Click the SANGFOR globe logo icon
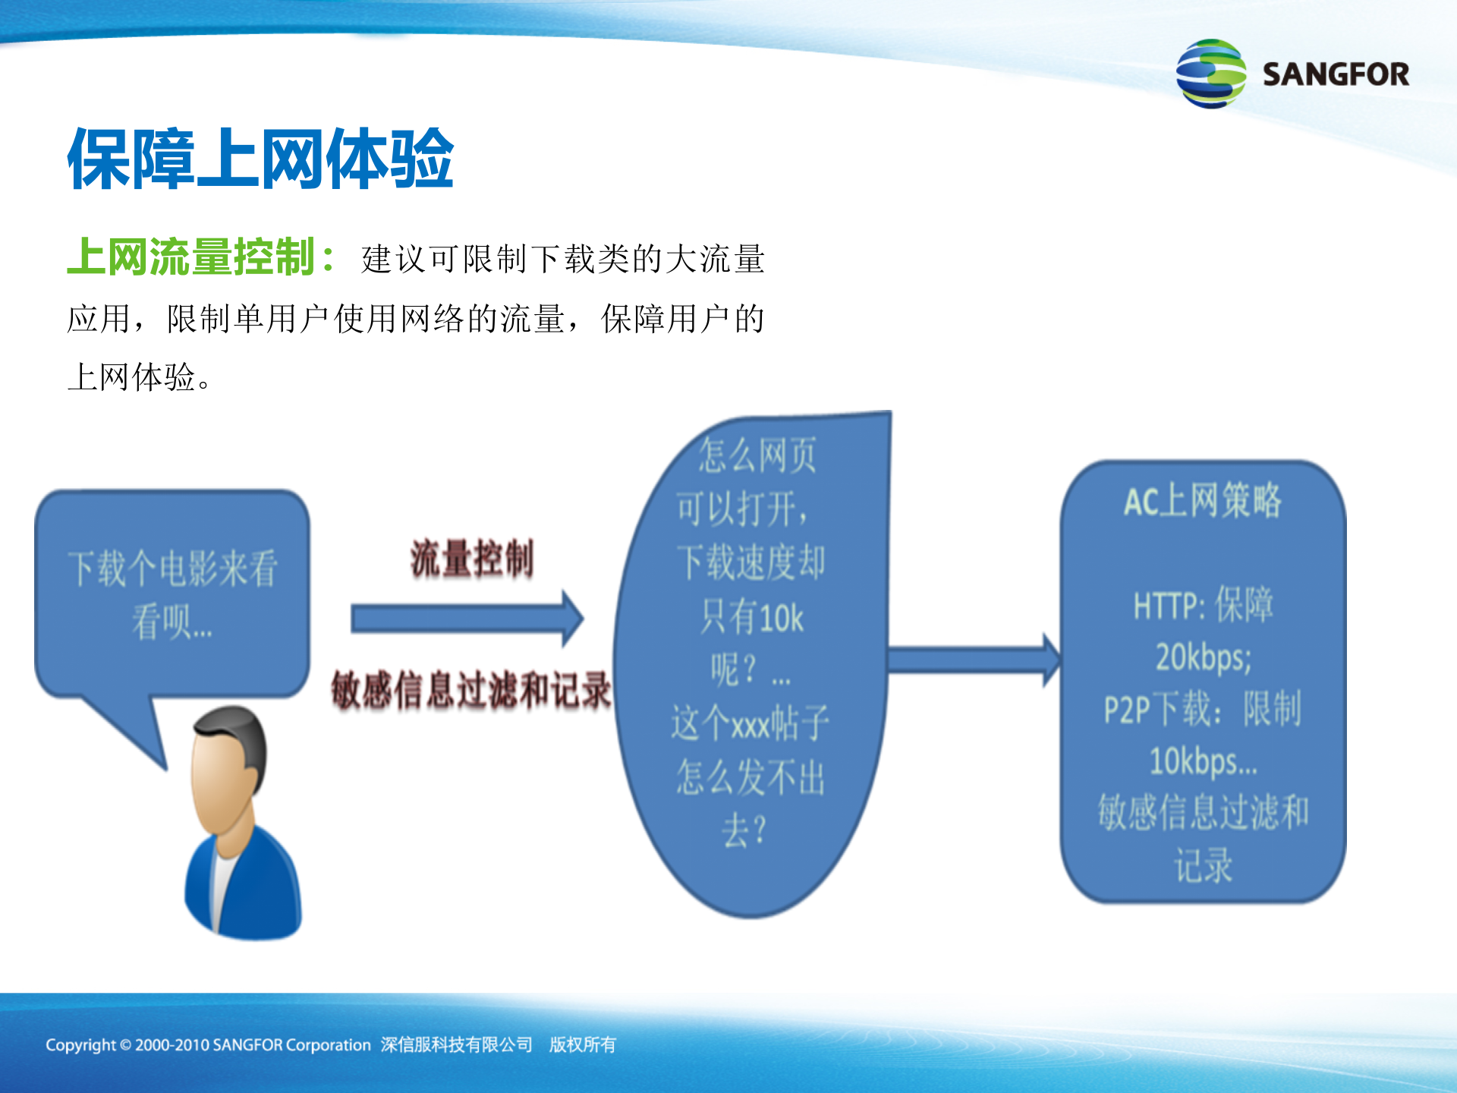pyautogui.click(x=1210, y=74)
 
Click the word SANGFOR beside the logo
pyautogui.click(x=1335, y=74)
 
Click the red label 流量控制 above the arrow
pyautogui.click(x=472, y=559)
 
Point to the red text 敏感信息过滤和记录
pyautogui.click(x=471, y=690)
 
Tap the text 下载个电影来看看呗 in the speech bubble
pyautogui.click(x=172, y=594)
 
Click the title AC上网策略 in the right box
pyautogui.click(x=1202, y=501)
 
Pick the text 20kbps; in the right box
pyautogui.click(x=1203, y=657)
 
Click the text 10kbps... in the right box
pyautogui.click(x=1203, y=761)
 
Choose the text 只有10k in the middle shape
pyautogui.click(x=751, y=617)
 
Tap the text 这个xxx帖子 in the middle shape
pyautogui.click(x=750, y=723)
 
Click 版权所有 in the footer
pyautogui.click(x=583, y=1045)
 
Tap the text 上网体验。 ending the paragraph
pyautogui.click(x=140, y=377)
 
